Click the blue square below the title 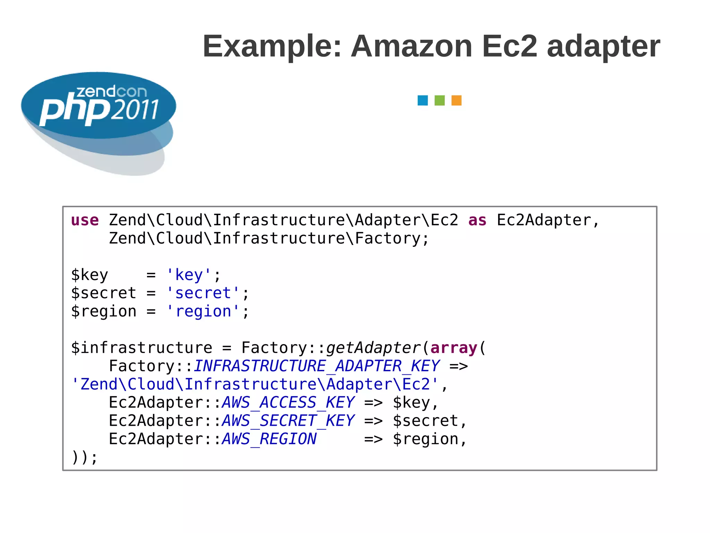(x=423, y=101)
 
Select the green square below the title (x=440, y=101)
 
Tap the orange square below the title (x=456, y=101)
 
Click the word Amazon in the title (x=412, y=46)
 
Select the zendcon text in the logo (x=111, y=92)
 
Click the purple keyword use (x=85, y=220)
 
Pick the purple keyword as (x=477, y=220)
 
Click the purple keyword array (x=454, y=348)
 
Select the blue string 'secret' (x=203, y=293)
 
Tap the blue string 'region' (x=203, y=312)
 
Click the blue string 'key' (x=189, y=275)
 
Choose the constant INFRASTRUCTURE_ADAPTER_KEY (x=317, y=366)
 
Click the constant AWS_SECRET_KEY (x=288, y=421)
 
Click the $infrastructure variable (x=141, y=348)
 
